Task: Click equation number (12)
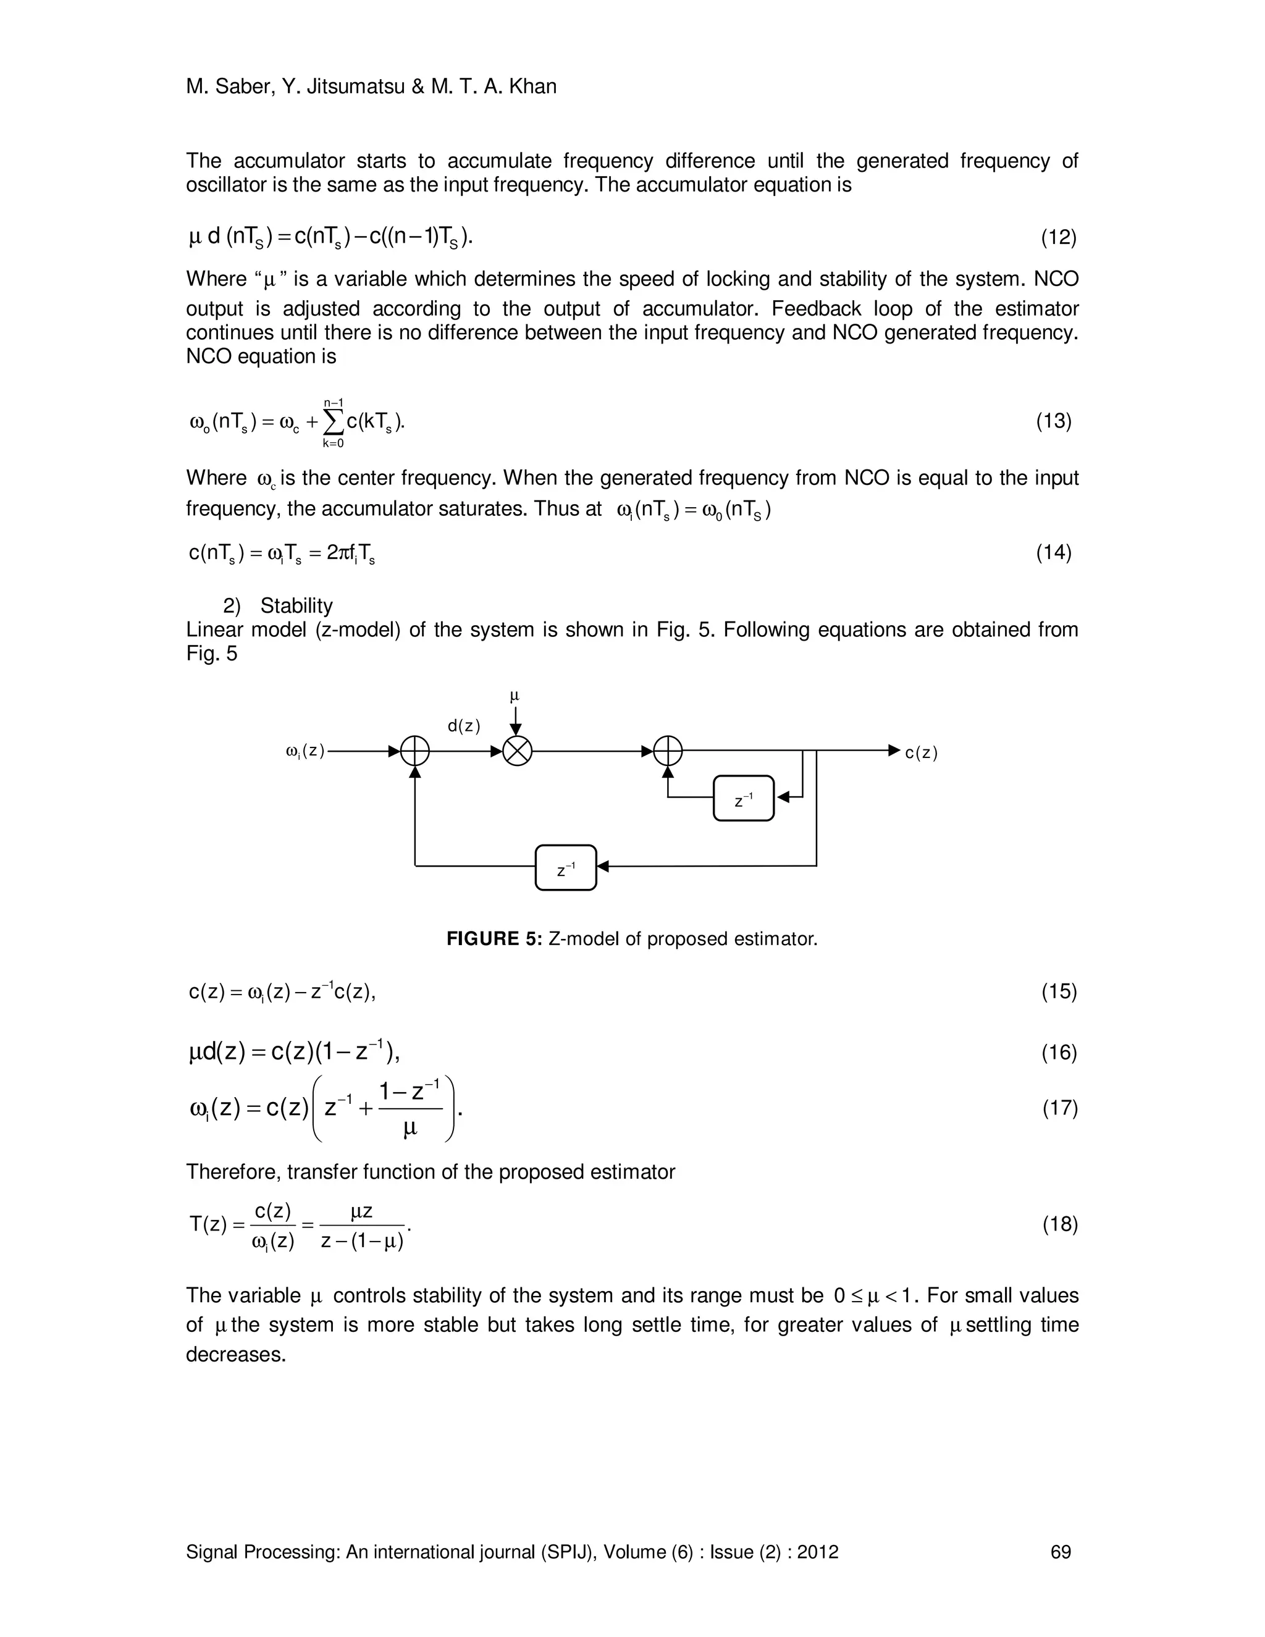1058,238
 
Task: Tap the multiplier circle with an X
516,751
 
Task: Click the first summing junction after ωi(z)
415,751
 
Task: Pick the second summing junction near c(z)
668,751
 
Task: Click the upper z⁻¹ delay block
744,798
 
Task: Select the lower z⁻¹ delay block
566,868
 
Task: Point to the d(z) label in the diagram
464,726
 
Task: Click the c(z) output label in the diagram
921,752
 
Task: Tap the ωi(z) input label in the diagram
305,751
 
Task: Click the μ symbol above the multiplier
515,696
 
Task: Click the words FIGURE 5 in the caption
493,939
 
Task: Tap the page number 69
1061,1552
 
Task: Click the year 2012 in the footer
818,1552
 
